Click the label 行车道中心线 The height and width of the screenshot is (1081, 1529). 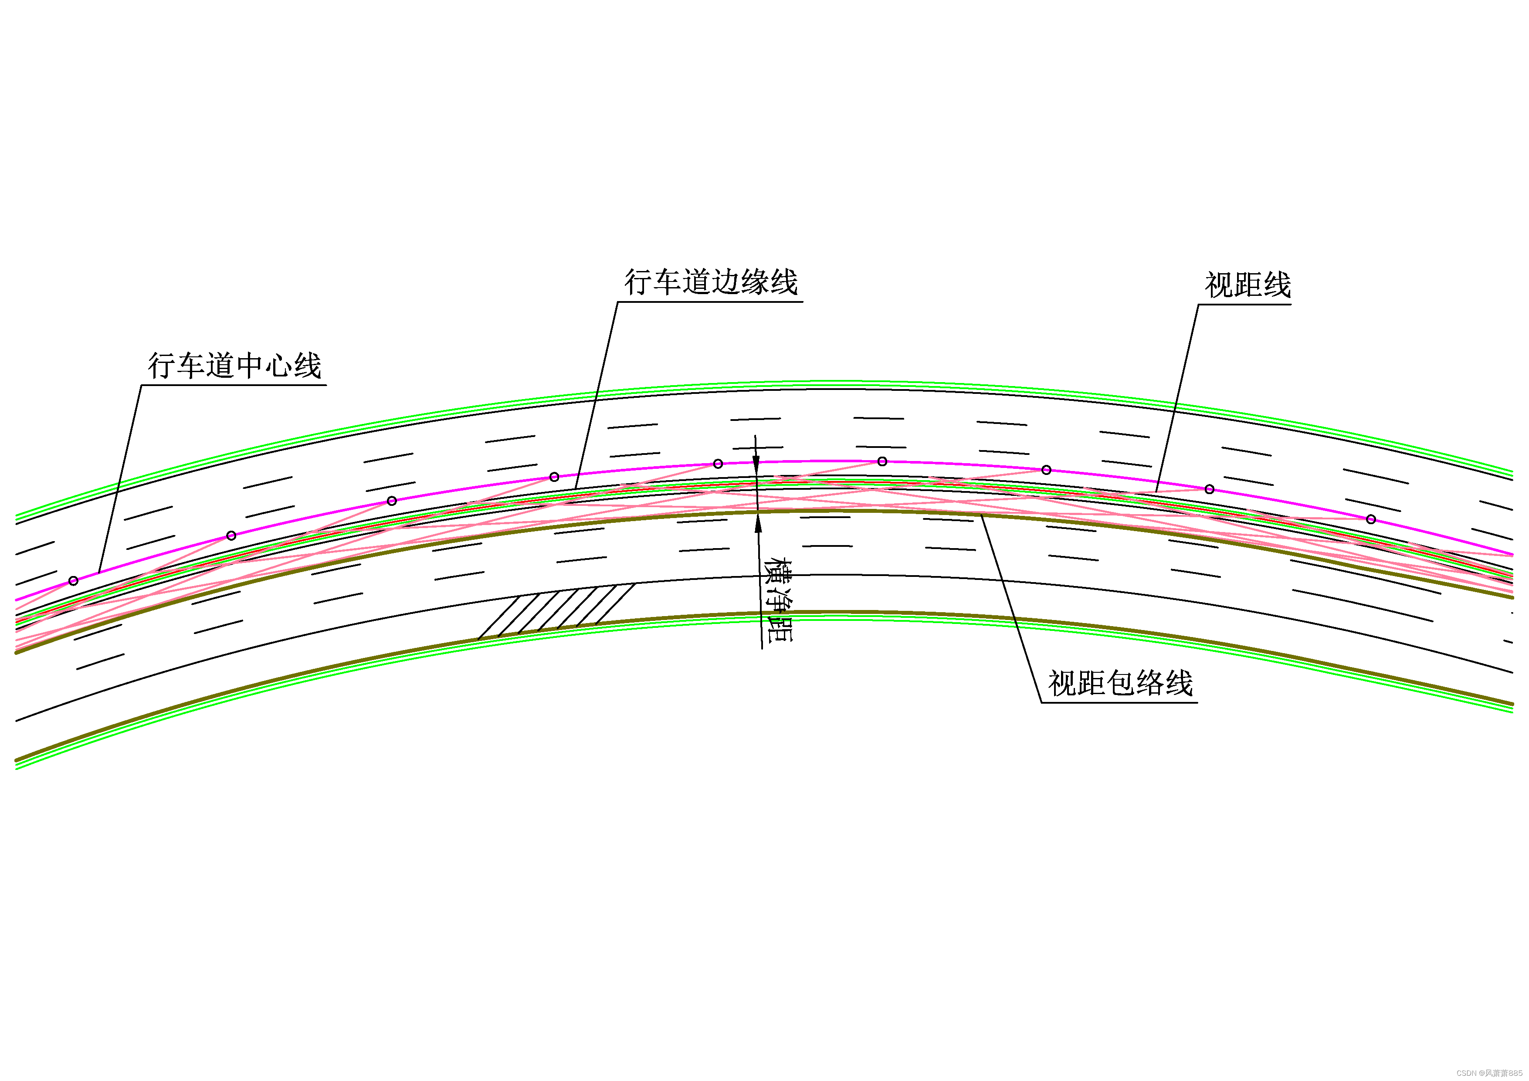pyautogui.click(x=234, y=366)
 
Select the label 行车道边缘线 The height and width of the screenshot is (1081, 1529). pyautogui.click(x=711, y=282)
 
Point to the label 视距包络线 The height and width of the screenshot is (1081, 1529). pyautogui.click(x=1120, y=683)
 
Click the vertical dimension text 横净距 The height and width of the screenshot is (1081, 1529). pyautogui.click(x=778, y=600)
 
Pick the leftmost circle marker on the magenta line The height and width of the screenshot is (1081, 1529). pyautogui.click(x=73, y=581)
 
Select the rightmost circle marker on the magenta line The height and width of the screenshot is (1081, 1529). pyautogui.click(x=1370, y=519)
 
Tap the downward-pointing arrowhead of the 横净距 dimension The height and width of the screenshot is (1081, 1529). pyautogui.click(x=756, y=466)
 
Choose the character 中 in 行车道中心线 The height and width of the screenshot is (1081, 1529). pyautogui.click(x=250, y=366)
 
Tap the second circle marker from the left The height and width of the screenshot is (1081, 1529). pyautogui.click(x=231, y=535)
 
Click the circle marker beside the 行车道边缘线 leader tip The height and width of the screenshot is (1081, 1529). pyautogui.click(x=554, y=477)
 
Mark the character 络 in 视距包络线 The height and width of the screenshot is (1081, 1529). pyautogui.click(x=1149, y=683)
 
